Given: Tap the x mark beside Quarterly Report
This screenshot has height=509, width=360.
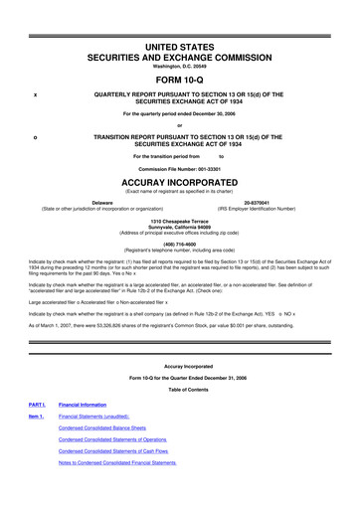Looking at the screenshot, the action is [35, 94].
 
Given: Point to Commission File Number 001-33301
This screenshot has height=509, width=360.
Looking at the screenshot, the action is [180, 170].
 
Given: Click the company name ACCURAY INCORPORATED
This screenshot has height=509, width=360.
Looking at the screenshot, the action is [180, 184].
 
